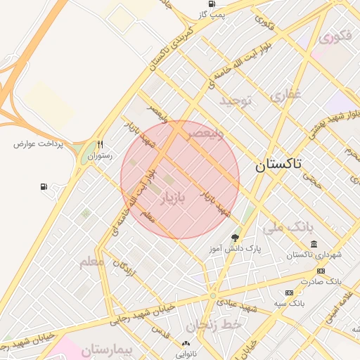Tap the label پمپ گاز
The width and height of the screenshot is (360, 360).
click(214, 14)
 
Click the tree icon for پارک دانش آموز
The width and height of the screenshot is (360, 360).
click(235, 238)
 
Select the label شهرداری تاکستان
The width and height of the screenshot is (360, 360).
click(314, 255)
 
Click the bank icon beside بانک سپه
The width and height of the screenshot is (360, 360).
click(289, 292)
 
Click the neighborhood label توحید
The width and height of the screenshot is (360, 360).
click(235, 101)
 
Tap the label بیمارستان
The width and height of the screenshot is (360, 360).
click(106, 349)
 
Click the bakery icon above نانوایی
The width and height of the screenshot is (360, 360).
click(186, 344)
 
